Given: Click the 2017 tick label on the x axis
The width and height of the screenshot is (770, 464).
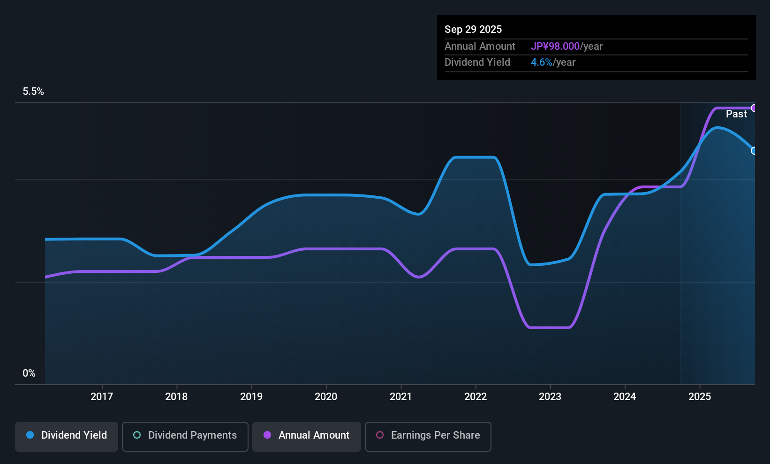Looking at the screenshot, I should coord(102,396).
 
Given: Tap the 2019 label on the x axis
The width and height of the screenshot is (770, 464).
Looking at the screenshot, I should coord(251,396).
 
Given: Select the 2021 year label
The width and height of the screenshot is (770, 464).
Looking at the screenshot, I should coord(400,396).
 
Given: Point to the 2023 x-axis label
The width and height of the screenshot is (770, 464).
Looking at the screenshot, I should coord(550,396).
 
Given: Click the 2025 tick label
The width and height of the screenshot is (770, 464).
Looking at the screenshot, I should coord(700,396).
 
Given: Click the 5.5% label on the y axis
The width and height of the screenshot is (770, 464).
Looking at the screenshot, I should coord(33,92).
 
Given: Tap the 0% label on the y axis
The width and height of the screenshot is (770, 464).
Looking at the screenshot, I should coord(29,373).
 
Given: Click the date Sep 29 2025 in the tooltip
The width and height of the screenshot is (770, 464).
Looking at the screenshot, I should coord(473,29).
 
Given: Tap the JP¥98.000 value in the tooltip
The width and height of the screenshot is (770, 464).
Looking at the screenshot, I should coord(555,46).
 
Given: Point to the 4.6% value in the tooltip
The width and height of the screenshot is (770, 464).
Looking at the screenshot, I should coord(542,62).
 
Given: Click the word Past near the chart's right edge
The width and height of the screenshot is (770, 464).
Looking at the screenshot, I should coord(736,114).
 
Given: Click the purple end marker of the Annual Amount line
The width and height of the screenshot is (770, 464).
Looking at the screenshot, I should coord(754,108).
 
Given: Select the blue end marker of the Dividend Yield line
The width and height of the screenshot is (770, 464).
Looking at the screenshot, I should coord(754,151).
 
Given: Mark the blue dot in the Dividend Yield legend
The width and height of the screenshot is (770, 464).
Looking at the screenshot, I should coord(30,435).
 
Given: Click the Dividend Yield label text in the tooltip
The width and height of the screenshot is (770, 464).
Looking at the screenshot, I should coord(477,62).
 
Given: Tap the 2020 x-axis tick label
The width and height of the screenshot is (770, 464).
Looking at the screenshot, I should coord(326,396).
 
